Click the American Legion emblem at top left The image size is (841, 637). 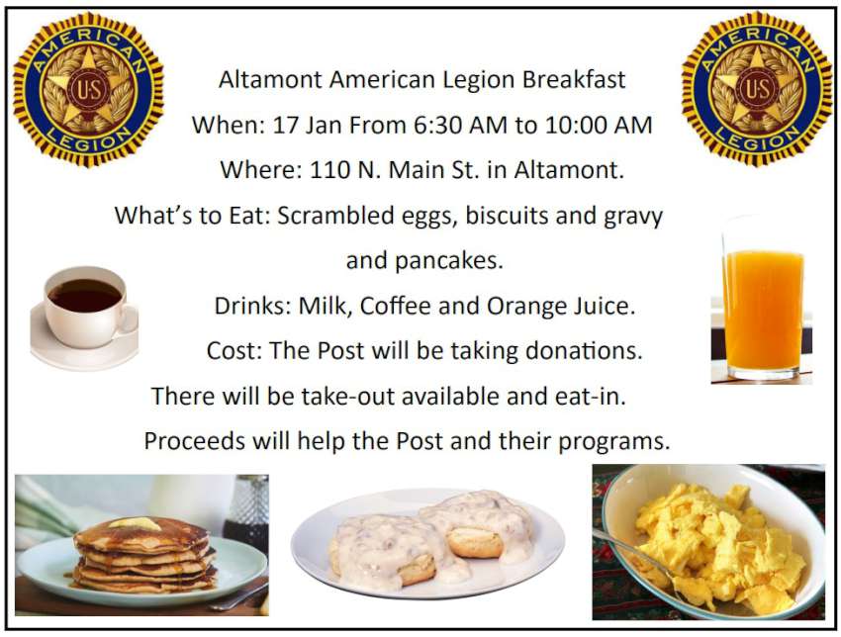(x=88, y=88)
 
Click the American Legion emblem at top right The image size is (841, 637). (x=757, y=88)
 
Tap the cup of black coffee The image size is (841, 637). (x=84, y=318)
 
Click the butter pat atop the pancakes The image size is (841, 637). (x=135, y=523)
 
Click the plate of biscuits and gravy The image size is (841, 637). (x=427, y=543)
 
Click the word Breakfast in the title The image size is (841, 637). (x=574, y=80)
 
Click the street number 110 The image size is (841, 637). (x=329, y=170)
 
